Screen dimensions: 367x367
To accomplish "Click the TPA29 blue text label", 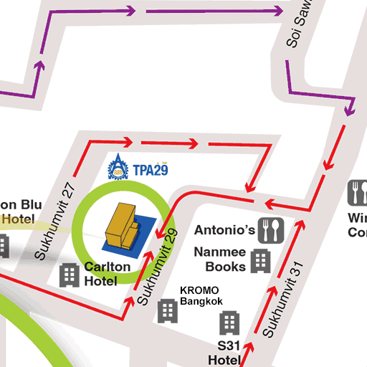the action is pos(149,170).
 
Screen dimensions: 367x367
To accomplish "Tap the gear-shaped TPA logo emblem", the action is pos(117,169).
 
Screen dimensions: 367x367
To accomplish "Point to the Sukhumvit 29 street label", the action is pos(157,266).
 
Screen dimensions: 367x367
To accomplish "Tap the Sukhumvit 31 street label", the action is pos(284,300).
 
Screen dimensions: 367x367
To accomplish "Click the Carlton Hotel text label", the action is pos(107,273).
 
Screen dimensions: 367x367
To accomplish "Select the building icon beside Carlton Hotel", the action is pos(70,275).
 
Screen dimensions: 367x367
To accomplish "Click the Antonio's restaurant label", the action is pos(225,230).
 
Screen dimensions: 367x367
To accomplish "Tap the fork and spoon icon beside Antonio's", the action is pos(271,229).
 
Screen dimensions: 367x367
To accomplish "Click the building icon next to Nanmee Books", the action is pos(261,261).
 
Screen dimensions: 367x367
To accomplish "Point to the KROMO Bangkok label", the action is pos(200,297).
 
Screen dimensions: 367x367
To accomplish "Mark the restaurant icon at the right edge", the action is pos(358,192).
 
